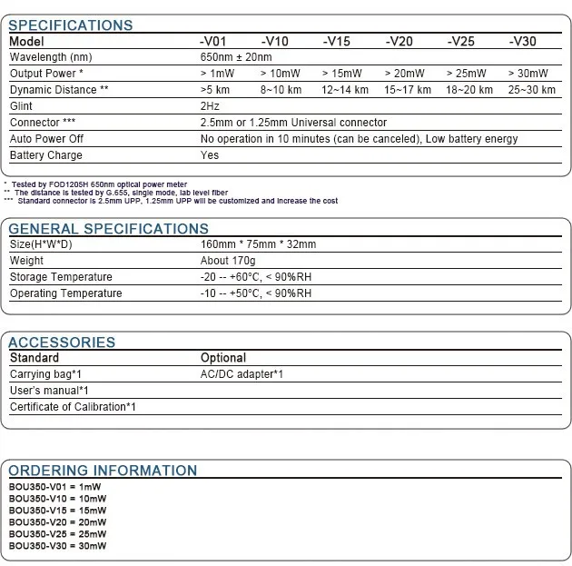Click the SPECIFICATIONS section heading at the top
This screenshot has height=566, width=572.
pyautogui.click(x=70, y=25)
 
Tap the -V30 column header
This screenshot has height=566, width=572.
pyautogui.click(x=523, y=41)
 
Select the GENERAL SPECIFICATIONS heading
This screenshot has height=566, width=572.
pyautogui.click(x=108, y=229)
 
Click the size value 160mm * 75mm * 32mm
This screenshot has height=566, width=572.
pyautogui.click(x=259, y=244)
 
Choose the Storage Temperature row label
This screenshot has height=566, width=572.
pyautogui.click(x=61, y=277)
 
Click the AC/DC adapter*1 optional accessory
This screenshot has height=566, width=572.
pyautogui.click(x=242, y=374)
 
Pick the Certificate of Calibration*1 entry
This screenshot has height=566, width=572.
pyautogui.click(x=73, y=407)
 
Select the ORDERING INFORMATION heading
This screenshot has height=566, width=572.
pyautogui.click(x=103, y=471)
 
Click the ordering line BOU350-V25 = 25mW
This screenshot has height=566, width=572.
pyautogui.click(x=57, y=536)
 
